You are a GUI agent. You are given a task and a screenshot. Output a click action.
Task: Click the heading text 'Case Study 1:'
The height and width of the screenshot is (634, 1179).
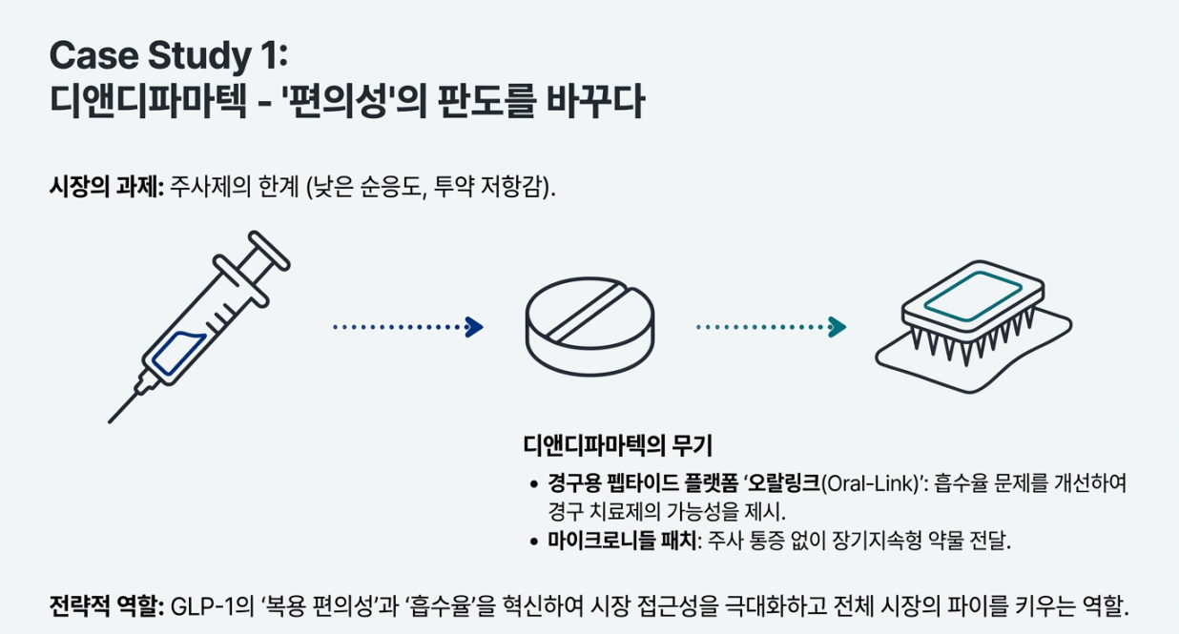167,56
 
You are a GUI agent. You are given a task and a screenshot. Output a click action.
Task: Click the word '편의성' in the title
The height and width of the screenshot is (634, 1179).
362,103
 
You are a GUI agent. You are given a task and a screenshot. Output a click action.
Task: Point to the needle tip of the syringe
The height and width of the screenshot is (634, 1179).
114,418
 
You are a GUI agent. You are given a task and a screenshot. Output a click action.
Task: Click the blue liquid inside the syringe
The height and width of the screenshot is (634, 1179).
180,351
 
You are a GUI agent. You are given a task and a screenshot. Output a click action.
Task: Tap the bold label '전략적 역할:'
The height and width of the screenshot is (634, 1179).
106,606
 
